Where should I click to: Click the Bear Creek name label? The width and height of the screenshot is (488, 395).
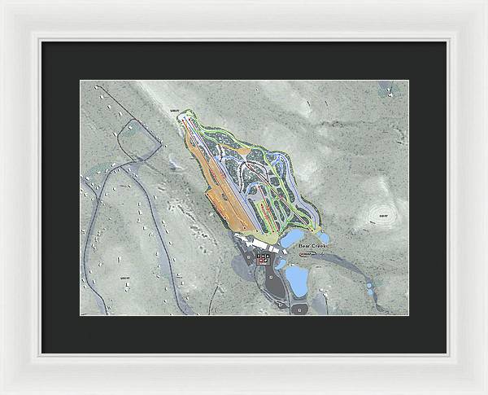pyautogui.click(x=313, y=244)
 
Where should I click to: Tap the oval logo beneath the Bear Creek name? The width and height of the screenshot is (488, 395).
pyautogui.click(x=307, y=253)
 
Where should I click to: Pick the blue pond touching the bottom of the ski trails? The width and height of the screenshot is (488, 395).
pyautogui.click(x=290, y=238)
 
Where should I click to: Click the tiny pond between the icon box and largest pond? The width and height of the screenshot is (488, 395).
pyautogui.click(x=281, y=263)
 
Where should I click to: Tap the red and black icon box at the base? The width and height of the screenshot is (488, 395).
pyautogui.click(x=263, y=258)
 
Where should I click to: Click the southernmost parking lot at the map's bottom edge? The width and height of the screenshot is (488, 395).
pyautogui.click(x=298, y=309)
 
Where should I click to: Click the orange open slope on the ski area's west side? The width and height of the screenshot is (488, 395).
pyautogui.click(x=220, y=195)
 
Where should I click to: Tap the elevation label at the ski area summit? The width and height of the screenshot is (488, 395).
pyautogui.click(x=172, y=110)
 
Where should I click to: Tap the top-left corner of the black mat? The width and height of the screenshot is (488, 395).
pyautogui.click(x=43, y=42)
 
